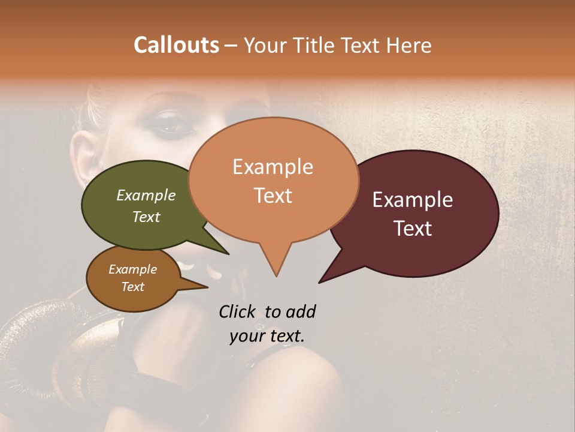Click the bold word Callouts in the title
coord(176,45)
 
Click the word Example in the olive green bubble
coord(146,195)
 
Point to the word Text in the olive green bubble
coord(146,217)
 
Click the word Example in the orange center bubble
coord(273,167)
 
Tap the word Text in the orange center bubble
coord(273,196)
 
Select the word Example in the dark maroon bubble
coord(413,200)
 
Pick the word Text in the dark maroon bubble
coord(413,229)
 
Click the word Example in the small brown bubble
coord(132,269)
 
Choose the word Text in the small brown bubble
coord(132,287)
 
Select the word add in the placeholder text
coord(300,311)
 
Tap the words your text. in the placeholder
coord(267,336)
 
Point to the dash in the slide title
coord(231,46)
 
